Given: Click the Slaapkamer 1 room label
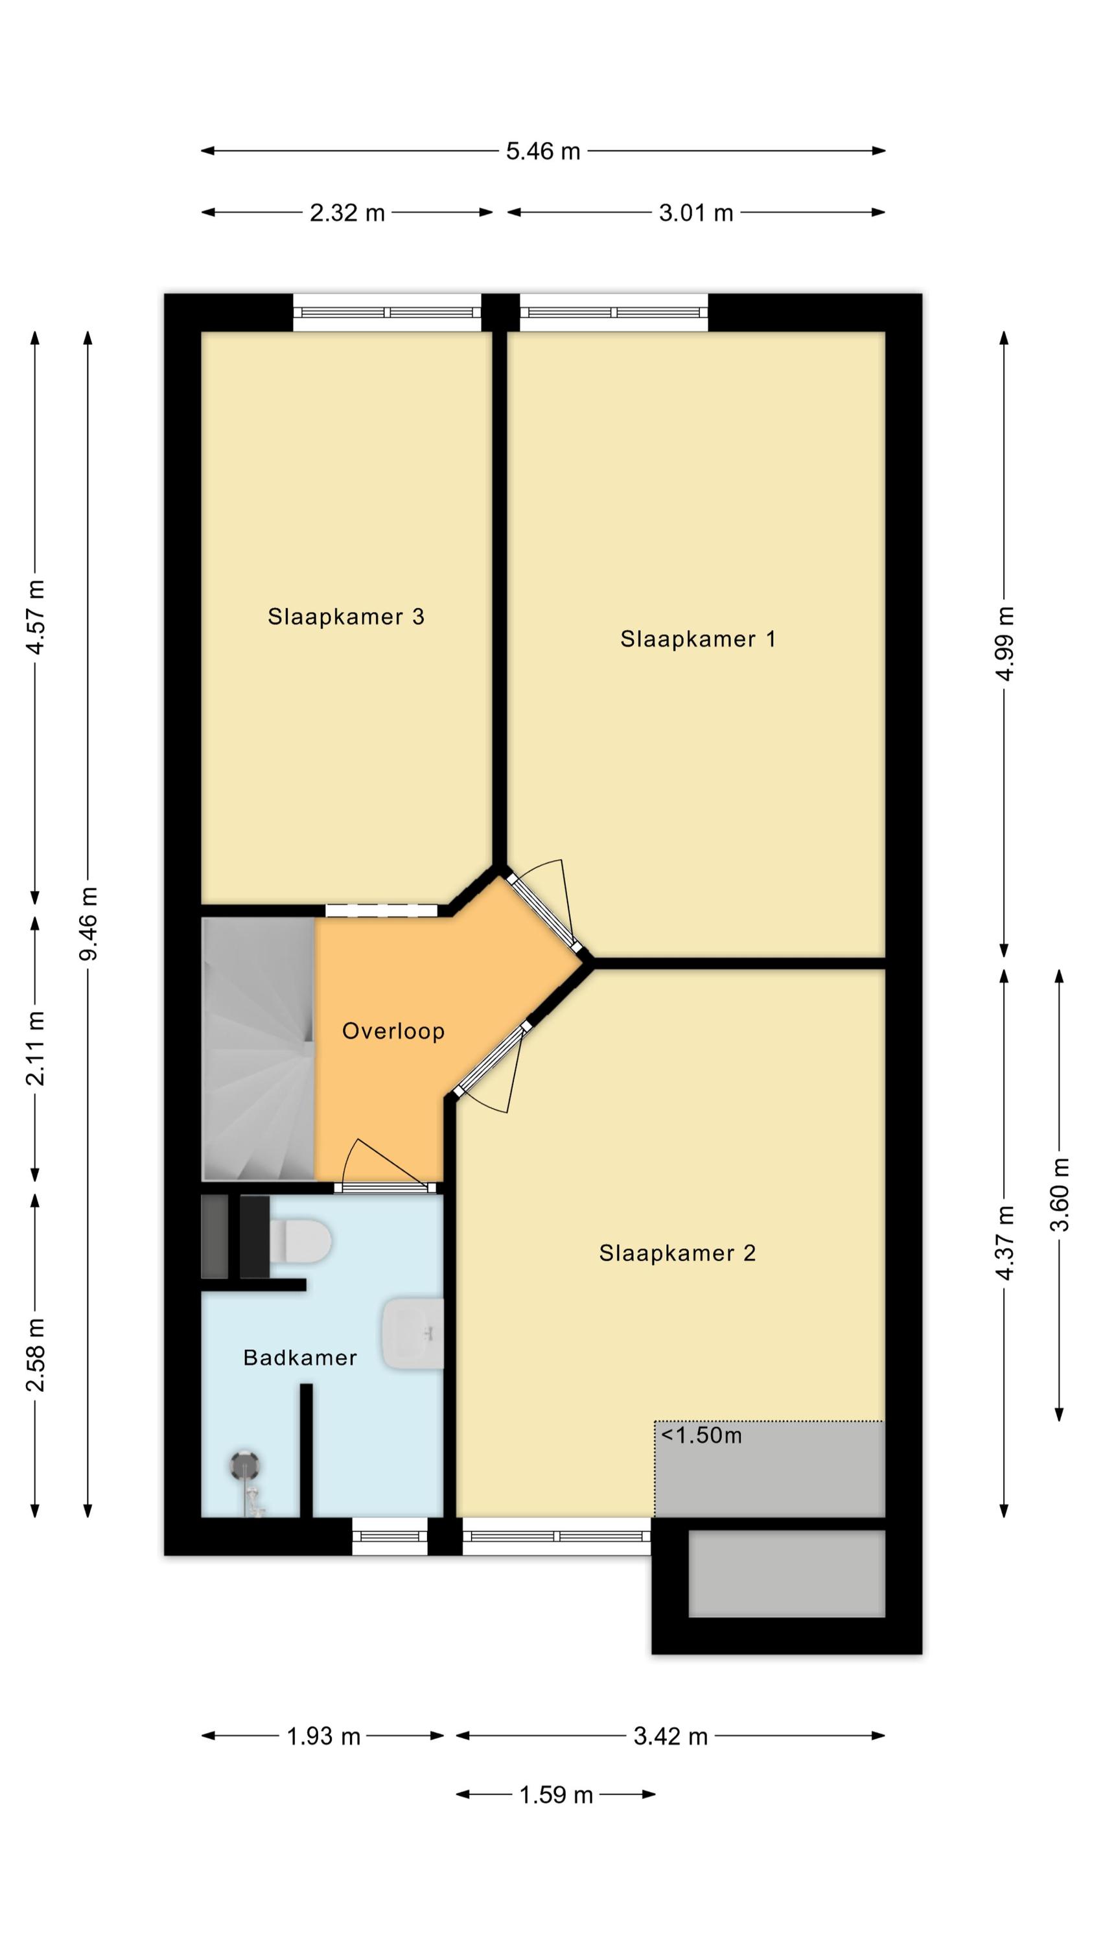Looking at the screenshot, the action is tap(697, 639).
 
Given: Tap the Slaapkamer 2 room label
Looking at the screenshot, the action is tap(677, 1253).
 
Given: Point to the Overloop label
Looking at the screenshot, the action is tap(393, 1031).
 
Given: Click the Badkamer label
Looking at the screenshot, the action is tap(299, 1358).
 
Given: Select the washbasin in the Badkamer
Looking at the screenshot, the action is tap(413, 1334).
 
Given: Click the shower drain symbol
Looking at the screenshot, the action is tap(244, 1465).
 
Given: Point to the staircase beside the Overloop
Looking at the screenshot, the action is tap(257, 1049).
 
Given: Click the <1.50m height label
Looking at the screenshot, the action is tap(701, 1435).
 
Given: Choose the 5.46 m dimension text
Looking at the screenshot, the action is tap(543, 151).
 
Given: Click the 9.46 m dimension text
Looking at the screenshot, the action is tap(89, 923).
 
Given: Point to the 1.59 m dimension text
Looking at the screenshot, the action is tap(555, 1795).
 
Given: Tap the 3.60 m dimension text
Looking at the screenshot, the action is tap(1060, 1194).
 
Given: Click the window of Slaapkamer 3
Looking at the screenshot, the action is tap(388, 312).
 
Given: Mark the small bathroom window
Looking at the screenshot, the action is tap(390, 1536).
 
